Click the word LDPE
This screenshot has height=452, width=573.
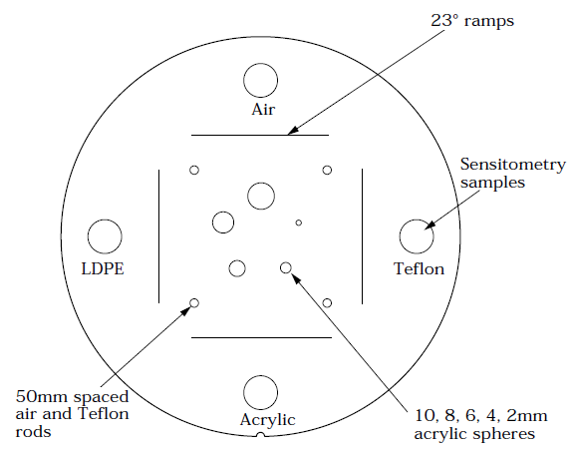point(103,269)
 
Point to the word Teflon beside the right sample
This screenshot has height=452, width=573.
point(420,269)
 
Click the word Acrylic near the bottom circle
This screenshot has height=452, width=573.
point(267,420)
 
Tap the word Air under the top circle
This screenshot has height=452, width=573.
point(263,110)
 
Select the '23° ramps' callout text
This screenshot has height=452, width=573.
point(472,21)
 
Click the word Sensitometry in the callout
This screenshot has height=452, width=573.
point(513,165)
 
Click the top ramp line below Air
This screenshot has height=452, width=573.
point(260,135)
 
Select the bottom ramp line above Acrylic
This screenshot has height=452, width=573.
point(261,337)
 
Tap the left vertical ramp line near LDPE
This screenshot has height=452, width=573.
point(159,236)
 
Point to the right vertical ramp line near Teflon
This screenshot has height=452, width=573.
point(362,236)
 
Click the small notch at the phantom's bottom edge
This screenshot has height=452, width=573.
point(260,434)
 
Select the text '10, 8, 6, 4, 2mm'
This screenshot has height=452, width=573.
point(481,416)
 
